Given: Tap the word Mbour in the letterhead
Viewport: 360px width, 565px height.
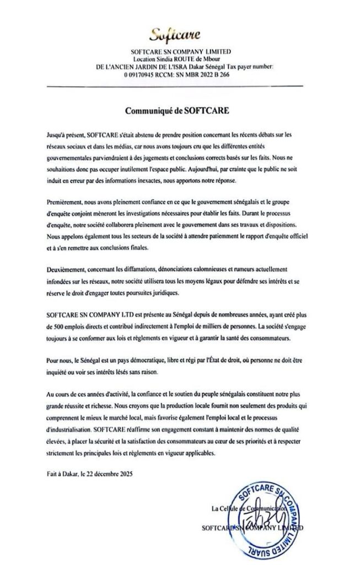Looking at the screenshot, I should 214,58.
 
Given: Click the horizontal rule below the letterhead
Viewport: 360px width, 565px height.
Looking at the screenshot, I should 180,86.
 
